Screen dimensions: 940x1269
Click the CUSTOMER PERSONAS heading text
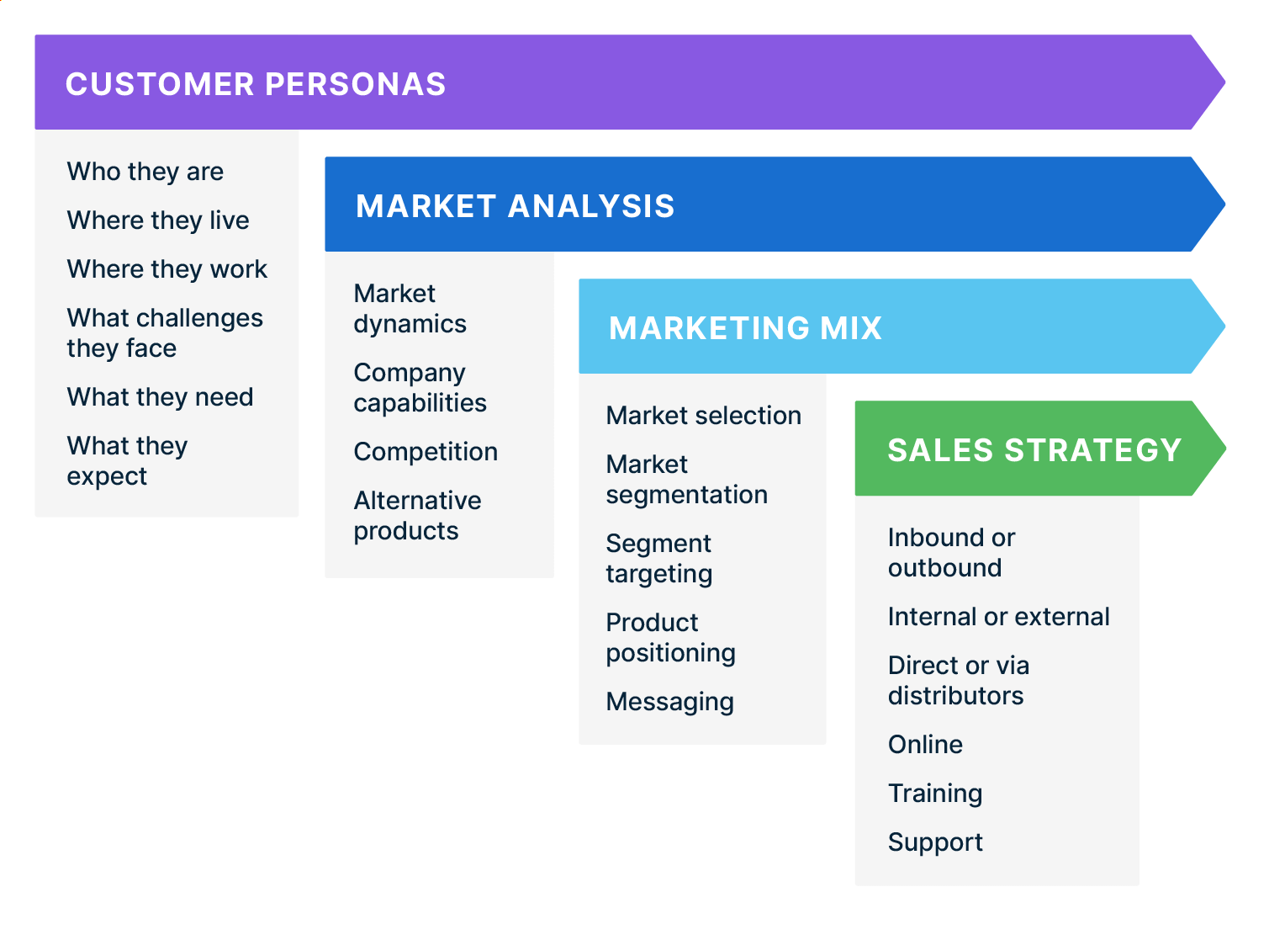tap(256, 84)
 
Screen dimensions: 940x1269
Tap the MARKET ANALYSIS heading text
tap(515, 206)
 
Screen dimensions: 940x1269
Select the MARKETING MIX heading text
tap(745, 328)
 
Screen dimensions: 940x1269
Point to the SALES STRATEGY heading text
tap(1034, 450)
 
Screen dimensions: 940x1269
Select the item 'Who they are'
tap(145, 172)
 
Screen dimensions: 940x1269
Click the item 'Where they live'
tap(158, 220)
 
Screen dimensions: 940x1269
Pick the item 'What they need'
tap(160, 397)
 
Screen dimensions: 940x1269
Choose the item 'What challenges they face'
tap(165, 333)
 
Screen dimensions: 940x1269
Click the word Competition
tap(426, 452)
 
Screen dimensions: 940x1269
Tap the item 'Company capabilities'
tap(420, 388)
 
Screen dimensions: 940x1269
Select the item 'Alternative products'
tap(417, 516)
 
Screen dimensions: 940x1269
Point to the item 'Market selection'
tap(703, 416)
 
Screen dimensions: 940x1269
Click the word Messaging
tap(669, 702)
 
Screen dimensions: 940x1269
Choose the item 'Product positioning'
tap(670, 638)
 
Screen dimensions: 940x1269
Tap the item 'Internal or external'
tap(998, 617)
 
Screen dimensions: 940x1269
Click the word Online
tap(925, 745)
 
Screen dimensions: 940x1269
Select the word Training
tap(935, 794)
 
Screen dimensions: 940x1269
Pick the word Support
tap(935, 842)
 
